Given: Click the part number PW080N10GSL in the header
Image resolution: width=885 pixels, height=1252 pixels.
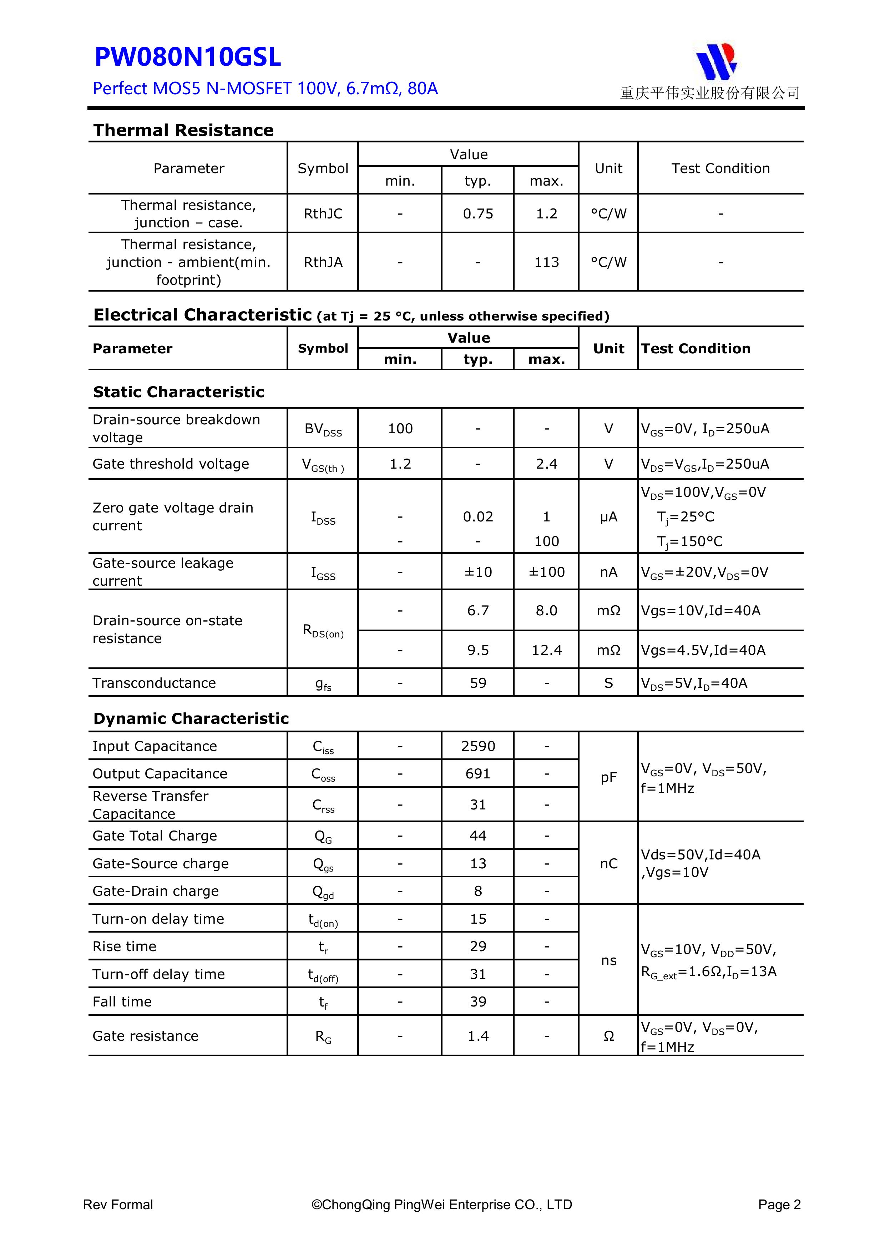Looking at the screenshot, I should coord(188,57).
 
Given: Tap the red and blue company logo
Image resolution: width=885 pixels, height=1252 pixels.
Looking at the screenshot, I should coord(716,61).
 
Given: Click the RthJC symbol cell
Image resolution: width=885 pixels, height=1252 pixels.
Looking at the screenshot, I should coord(323,214).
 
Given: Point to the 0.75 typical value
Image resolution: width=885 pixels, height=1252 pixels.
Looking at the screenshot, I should coord(478,214).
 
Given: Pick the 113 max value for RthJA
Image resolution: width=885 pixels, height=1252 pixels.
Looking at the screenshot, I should coord(546,262).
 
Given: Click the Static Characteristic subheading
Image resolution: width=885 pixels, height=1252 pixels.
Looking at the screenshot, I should coord(178,392).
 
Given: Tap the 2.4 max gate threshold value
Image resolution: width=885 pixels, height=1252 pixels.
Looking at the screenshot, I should coord(546,464).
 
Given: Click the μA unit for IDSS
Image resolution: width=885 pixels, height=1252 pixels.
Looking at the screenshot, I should coord(608,517).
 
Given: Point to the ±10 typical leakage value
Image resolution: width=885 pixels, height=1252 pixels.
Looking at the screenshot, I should coord(478,572).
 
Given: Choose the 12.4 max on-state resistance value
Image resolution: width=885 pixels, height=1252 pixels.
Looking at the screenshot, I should coord(546,650).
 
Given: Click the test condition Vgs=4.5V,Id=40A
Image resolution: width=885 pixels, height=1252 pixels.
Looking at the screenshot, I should coord(703,650).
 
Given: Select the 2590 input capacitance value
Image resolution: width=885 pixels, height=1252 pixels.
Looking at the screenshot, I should coord(478,746).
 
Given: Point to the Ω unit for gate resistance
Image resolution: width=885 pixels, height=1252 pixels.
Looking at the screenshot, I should coord(608,1036).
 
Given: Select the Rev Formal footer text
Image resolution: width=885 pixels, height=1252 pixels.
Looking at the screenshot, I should coord(118,1205).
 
